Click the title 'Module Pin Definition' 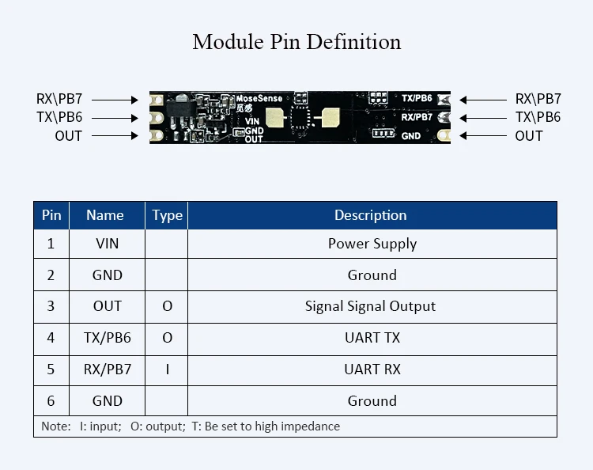tap(296, 42)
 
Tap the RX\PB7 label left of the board tap(59, 100)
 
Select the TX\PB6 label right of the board tap(538, 117)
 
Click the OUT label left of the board tap(68, 136)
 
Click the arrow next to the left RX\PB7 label tap(121, 100)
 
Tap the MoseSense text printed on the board tap(259, 99)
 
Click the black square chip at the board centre tap(301, 118)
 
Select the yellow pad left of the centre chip tap(274, 119)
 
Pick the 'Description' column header tap(370, 215)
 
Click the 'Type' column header tap(167, 215)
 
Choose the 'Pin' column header tap(51, 215)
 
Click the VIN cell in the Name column tap(107, 244)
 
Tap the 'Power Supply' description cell tap(372, 244)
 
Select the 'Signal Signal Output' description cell tap(370, 306)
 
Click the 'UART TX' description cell tap(372, 338)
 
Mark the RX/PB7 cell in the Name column tap(107, 370)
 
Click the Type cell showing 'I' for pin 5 tap(167, 370)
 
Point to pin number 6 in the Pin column tap(51, 401)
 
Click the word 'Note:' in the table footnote tap(56, 426)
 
